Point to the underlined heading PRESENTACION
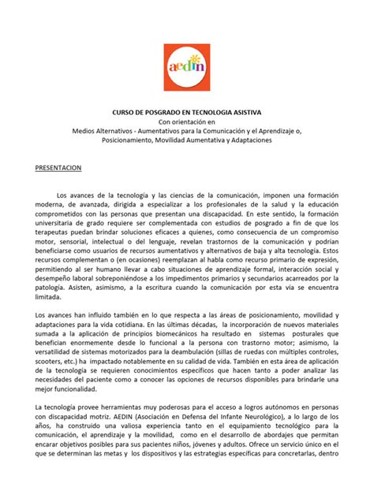click(65, 168)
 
